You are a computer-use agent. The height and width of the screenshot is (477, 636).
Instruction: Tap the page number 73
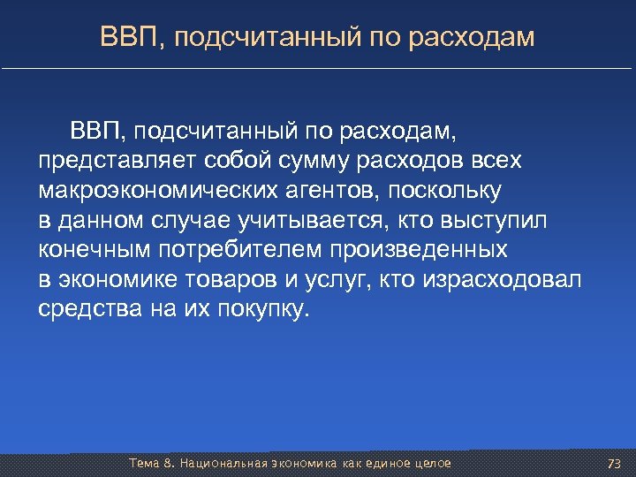click(x=615, y=464)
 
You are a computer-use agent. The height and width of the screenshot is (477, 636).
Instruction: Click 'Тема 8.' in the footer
click(x=152, y=464)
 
